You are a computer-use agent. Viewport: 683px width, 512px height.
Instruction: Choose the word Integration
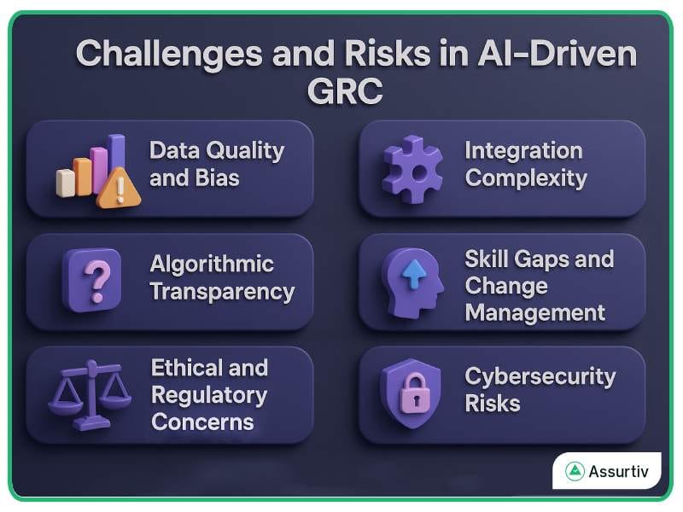point(523,152)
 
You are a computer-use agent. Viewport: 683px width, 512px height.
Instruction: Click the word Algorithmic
point(212,264)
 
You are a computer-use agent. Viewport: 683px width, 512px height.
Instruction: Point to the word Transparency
point(222,291)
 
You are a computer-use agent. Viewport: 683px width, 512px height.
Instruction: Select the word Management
point(535,312)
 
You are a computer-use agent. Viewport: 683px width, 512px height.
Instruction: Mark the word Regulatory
point(209,395)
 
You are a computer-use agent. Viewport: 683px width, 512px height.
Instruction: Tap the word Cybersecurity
point(540,375)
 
